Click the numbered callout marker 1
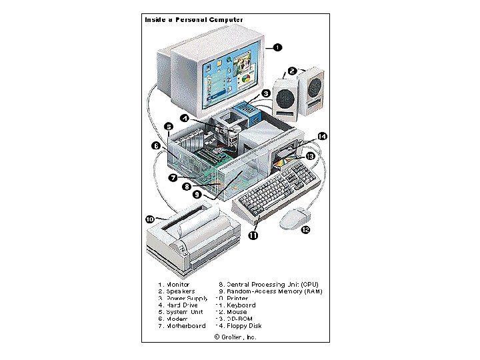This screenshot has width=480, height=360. point(277,47)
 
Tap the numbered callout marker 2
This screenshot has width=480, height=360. point(292,71)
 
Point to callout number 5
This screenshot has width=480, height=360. point(169,126)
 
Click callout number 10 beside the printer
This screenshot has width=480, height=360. point(150,218)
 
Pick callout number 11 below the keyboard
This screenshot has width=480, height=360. point(254,235)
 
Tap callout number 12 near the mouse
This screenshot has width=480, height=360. point(305,230)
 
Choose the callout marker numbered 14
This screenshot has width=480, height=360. point(322,136)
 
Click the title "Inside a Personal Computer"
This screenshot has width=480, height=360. point(194,19)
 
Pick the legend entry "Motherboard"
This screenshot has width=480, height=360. point(181,326)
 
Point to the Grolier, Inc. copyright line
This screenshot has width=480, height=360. point(235,337)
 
